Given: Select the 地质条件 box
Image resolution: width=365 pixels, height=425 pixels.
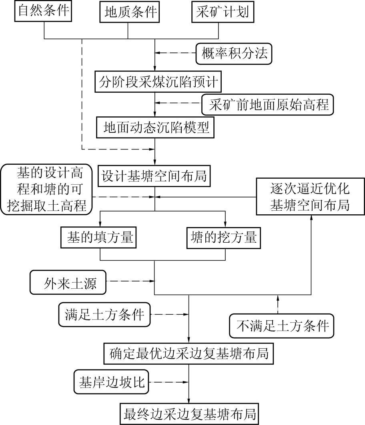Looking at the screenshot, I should pyautogui.click(x=128, y=12).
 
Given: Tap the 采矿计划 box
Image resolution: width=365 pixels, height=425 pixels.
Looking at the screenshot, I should pyautogui.click(x=223, y=12).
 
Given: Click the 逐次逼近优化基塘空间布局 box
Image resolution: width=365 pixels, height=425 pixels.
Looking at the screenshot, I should pyautogui.click(x=310, y=197).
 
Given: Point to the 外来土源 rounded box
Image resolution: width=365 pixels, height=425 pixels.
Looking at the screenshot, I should pyautogui.click(x=69, y=283).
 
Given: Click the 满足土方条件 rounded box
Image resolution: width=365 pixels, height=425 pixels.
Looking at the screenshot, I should pyautogui.click(x=104, y=315).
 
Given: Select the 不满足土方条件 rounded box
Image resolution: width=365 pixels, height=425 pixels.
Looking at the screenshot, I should pyautogui.click(x=282, y=326).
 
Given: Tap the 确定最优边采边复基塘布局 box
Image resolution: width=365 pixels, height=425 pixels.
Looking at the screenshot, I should pyautogui.click(x=189, y=353).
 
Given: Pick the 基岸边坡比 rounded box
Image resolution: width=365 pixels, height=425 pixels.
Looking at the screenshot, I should pyautogui.click(x=111, y=383).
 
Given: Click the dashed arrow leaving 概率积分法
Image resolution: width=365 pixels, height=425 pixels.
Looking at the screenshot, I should pyautogui.click(x=176, y=53).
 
